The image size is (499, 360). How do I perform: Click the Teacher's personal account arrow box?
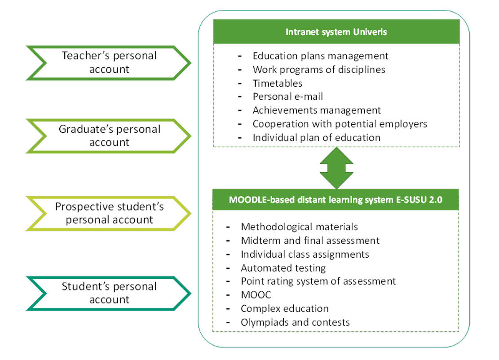[109, 62]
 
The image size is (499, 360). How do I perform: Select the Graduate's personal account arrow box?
[109, 136]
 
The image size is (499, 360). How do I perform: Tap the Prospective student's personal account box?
[109, 213]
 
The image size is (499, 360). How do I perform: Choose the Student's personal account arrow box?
[109, 293]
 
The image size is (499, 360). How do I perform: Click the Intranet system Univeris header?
[336, 32]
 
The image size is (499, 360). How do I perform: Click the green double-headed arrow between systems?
[336, 168]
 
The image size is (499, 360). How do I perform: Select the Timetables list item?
[277, 83]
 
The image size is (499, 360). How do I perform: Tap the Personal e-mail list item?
[287, 97]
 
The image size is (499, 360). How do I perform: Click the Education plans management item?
[320, 56]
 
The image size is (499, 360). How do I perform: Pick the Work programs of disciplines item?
[319, 70]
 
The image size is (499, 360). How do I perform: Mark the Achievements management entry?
[317, 110]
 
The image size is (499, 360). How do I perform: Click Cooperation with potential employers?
[340, 123]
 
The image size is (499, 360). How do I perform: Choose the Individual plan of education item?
[316, 137]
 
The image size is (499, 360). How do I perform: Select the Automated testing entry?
[283, 268]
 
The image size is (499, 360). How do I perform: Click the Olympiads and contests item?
[295, 322]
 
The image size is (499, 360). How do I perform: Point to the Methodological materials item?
[299, 227]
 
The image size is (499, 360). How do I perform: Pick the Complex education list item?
[285, 308]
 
